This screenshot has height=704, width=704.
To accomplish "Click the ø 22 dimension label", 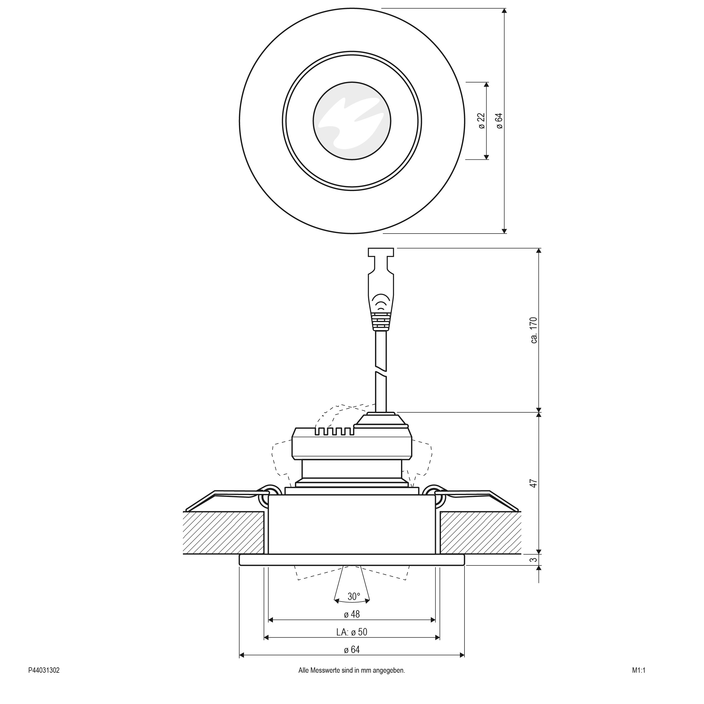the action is tap(482, 121).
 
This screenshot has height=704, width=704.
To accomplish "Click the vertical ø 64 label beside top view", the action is tap(499, 121).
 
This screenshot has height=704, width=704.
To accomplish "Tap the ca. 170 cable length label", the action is tap(534, 330).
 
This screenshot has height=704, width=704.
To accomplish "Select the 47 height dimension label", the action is tap(534, 484).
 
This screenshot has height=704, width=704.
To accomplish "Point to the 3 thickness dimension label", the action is tap(534, 559).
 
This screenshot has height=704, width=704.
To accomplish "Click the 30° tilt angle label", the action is tap(353, 596).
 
